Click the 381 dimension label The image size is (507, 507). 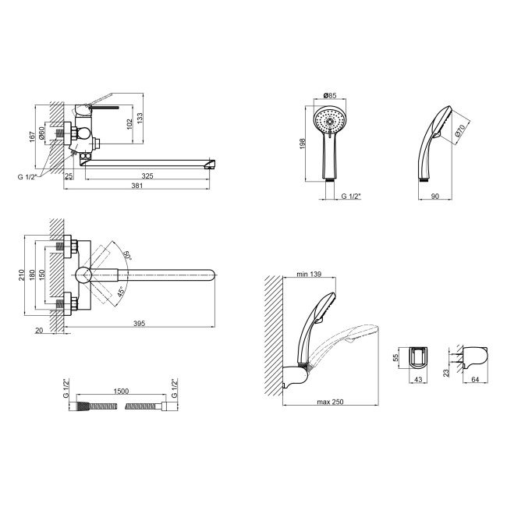point(137,186)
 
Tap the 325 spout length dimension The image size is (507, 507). point(147,176)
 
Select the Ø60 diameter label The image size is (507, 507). point(41,133)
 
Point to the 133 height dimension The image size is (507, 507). point(140,118)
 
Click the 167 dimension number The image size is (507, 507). point(32,136)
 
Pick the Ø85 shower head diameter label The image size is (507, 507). point(330,95)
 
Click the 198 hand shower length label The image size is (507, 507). point(303,144)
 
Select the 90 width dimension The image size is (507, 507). point(435,197)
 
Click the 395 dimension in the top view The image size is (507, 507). point(140,323)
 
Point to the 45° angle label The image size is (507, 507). point(120,292)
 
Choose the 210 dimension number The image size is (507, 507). point(22,275)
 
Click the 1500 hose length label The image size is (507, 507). point(121,392)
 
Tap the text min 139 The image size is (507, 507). point(309,275)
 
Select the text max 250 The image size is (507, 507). point(330,402)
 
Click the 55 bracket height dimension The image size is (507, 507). point(396,357)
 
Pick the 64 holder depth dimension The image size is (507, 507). point(475,380)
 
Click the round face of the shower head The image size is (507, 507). point(330,121)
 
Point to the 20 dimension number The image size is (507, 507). point(39,331)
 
